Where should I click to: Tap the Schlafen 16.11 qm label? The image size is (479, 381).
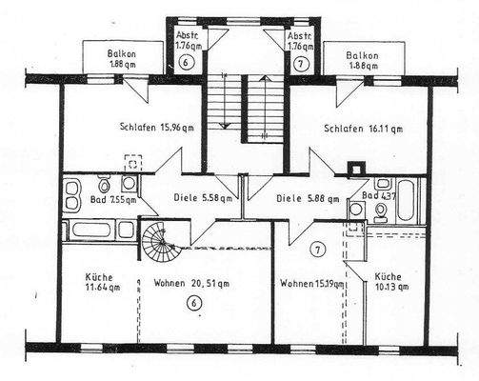tap(362, 128)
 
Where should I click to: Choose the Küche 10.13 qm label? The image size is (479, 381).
tap(390, 279)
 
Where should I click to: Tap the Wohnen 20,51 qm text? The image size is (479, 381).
tap(196, 283)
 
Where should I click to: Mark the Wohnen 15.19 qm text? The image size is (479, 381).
tap(310, 283)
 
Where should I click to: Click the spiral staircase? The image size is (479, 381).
tap(158, 242)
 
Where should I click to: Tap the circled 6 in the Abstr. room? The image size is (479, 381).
tap(186, 62)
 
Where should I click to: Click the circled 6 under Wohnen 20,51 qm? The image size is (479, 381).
tap(194, 304)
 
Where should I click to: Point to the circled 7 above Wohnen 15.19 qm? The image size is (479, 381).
tap(317, 250)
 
